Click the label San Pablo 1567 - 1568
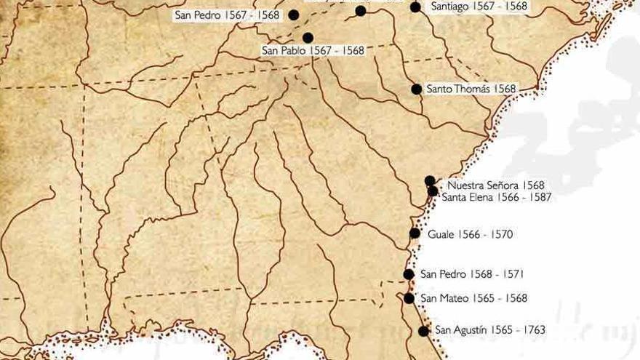313,51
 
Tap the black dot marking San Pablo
308,38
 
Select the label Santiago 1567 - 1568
479,7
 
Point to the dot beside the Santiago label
415,7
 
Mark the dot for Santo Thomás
416,89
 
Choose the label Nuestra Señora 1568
495,185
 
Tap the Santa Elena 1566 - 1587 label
497,197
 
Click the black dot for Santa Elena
433,191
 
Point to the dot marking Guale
415,233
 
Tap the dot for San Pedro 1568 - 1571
409,274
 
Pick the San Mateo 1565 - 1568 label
473,298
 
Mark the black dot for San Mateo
409,298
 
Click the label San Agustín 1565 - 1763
489,330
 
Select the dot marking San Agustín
423,331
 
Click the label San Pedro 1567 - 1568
227,15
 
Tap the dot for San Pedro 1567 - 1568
294,15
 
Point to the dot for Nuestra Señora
429,180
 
